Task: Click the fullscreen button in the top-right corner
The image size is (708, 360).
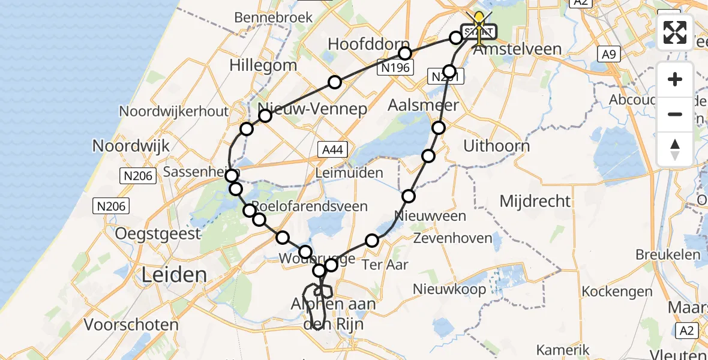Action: tap(675, 32)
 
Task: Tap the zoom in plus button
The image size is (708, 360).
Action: tap(675, 79)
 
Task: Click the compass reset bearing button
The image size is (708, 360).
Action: tap(675, 149)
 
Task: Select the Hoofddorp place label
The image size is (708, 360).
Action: tap(361, 44)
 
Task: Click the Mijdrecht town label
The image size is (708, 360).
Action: tap(535, 200)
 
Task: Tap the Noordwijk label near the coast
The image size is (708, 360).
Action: tap(131, 145)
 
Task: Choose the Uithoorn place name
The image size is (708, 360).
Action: tap(497, 146)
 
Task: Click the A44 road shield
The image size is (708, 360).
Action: tap(332, 149)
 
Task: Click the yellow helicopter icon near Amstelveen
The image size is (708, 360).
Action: tap(479, 24)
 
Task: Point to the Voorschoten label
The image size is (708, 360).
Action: tap(131, 325)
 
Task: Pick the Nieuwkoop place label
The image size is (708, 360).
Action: tap(449, 289)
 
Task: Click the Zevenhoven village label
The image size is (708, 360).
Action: tap(453, 238)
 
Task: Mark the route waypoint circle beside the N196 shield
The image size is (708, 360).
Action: tap(406, 53)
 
